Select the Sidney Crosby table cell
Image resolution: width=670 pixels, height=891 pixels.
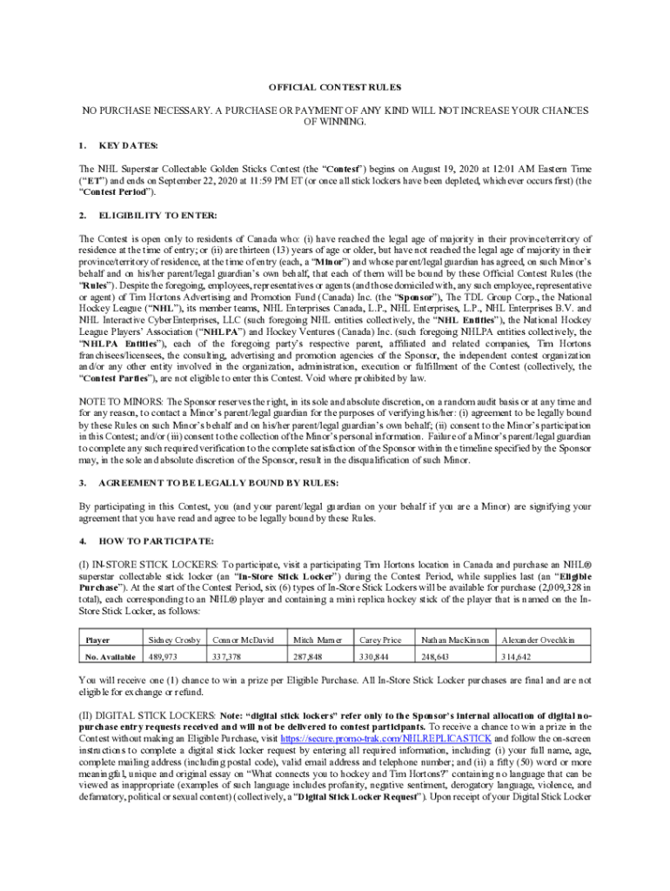click(175, 640)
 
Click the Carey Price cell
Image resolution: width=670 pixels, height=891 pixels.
click(380, 640)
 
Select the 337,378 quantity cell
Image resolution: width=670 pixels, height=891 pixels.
click(231, 656)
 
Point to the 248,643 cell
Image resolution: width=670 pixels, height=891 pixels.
click(444, 656)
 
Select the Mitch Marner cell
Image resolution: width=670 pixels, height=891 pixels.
click(317, 640)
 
